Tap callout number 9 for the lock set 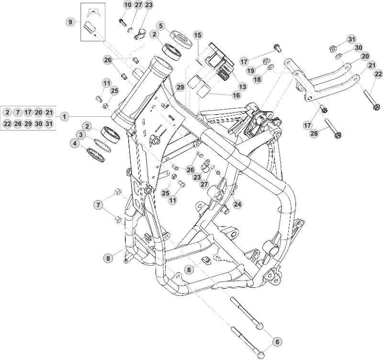[x=71, y=22]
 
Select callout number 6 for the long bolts [x=276, y=341]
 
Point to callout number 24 [x=237, y=203]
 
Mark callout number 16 [x=236, y=95]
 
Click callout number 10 [x=127, y=5]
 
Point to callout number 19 [x=249, y=70]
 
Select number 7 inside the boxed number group [x=18, y=112]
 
